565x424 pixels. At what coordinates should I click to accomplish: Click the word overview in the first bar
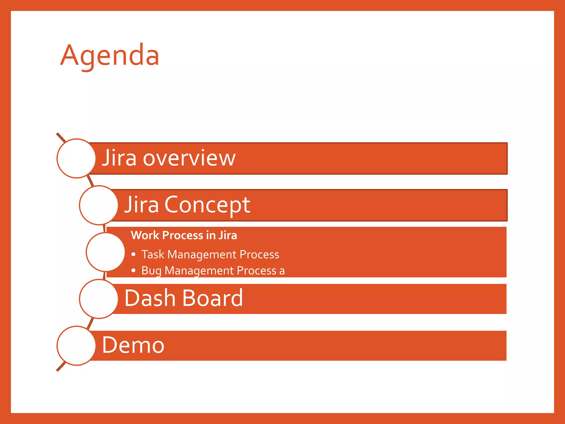(189, 158)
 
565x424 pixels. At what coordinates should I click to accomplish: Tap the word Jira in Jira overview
(119, 158)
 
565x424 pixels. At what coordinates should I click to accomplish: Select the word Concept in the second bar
(207, 205)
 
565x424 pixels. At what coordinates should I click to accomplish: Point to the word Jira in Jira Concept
(142, 205)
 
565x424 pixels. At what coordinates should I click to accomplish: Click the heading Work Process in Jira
(184, 235)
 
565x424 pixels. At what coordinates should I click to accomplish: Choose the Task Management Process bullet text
(210, 255)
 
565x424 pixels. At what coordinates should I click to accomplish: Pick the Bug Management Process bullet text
(209, 271)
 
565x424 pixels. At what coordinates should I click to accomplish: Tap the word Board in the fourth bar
(212, 298)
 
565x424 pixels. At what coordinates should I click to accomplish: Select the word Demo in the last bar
(133, 345)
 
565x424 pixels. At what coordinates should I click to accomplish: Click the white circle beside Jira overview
(76, 158)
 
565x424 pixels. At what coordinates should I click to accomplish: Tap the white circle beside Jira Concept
(99, 205)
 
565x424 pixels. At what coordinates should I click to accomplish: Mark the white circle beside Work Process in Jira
(105, 252)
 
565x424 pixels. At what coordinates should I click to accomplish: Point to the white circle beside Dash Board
(99, 299)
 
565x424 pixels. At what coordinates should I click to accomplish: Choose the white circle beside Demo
(76, 346)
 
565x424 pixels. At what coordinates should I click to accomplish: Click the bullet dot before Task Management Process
(134, 255)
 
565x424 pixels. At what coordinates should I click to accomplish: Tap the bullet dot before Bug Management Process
(134, 271)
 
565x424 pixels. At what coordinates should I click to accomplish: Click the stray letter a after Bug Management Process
(282, 271)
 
